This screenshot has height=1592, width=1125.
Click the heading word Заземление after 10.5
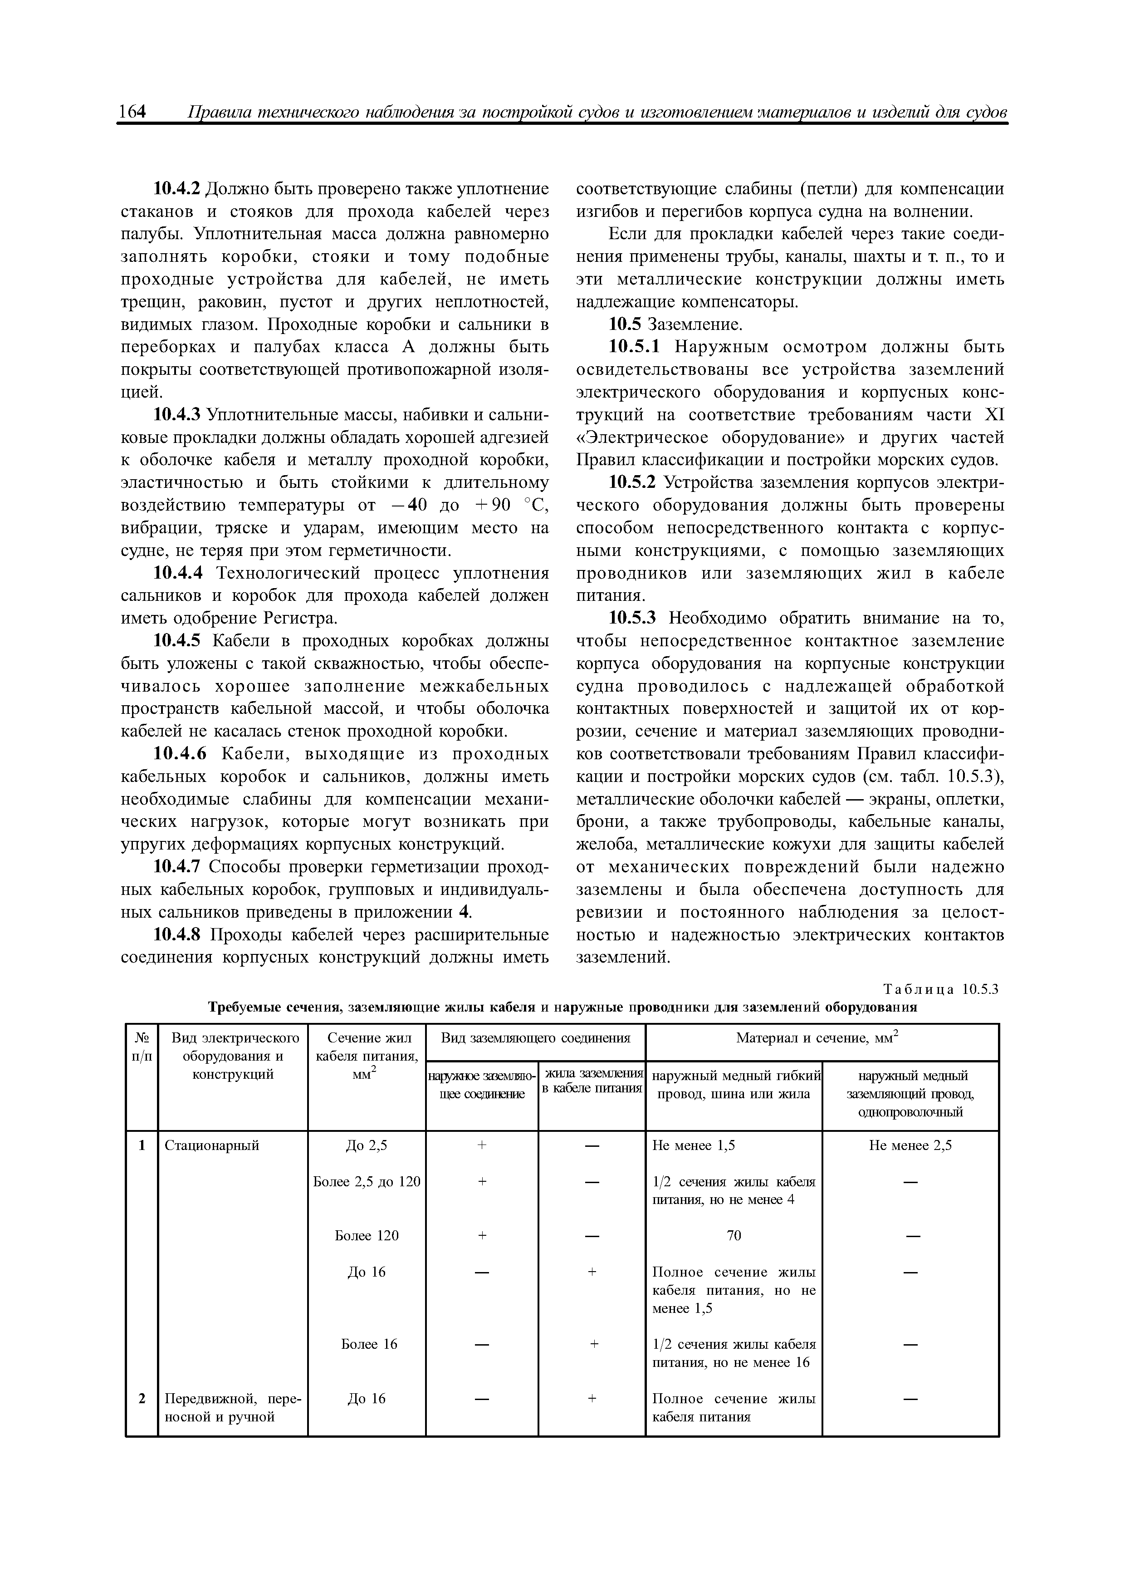coord(695,324)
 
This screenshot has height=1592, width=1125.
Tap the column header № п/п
coord(142,1047)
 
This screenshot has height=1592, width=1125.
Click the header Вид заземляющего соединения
coord(535,1038)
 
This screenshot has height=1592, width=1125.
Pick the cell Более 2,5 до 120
coord(367,1181)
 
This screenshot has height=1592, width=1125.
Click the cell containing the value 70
coord(734,1236)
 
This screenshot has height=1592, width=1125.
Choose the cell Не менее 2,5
coord(910,1145)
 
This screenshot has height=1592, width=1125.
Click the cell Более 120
coord(367,1236)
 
